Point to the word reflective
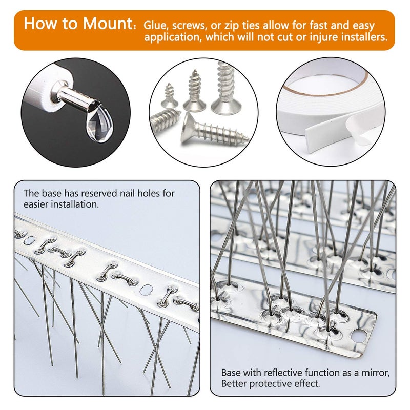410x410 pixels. [x=286, y=373]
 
